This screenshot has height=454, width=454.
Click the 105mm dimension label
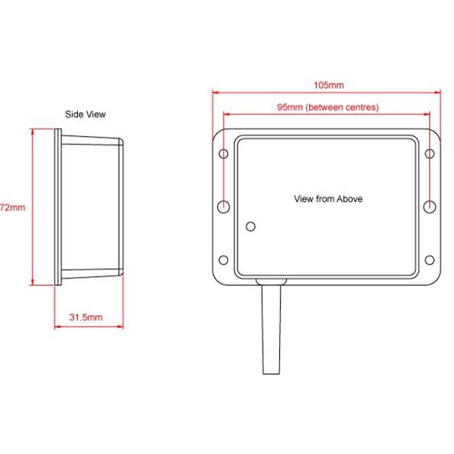click(328, 85)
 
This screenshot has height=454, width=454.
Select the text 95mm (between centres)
click(328, 107)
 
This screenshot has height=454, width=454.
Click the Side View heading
click(85, 115)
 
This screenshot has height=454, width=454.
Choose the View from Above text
click(328, 199)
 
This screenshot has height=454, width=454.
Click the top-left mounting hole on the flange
click(224, 154)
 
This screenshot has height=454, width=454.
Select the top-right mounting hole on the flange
click(429, 154)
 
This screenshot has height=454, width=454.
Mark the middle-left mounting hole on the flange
click(224, 206)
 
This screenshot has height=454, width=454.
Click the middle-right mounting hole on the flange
click(429, 206)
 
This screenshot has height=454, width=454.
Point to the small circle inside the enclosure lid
click(251, 225)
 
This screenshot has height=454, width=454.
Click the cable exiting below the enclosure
click(272, 333)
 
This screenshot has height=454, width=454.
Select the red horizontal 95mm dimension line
click(250, 115)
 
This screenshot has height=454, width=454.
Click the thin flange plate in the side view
click(58, 207)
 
